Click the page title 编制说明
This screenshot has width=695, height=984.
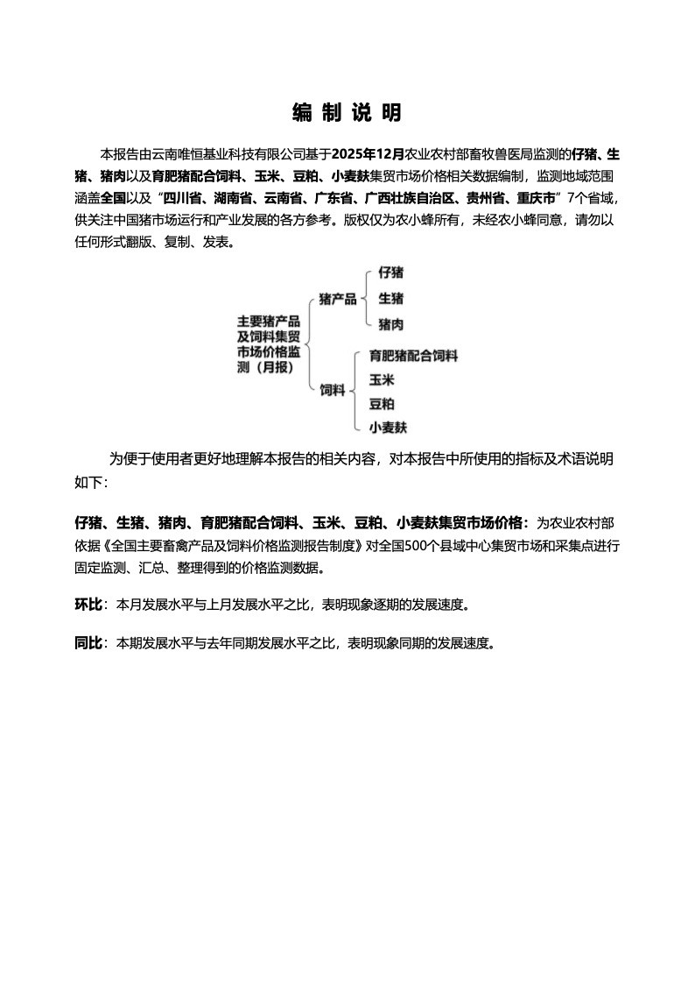point(347,113)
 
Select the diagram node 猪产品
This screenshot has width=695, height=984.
point(338,300)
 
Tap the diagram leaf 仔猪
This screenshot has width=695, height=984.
point(390,273)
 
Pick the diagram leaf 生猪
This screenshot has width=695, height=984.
point(390,299)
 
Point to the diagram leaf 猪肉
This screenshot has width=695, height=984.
point(390,324)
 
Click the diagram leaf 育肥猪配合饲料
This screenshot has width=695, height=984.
point(413,356)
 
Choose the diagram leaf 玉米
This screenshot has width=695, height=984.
point(381,379)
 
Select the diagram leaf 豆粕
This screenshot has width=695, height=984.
point(381,403)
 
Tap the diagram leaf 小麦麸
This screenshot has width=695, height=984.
point(388,428)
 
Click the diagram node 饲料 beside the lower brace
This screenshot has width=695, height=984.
point(332,391)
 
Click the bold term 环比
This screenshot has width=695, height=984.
point(88,605)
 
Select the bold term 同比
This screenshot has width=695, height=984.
point(88,643)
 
